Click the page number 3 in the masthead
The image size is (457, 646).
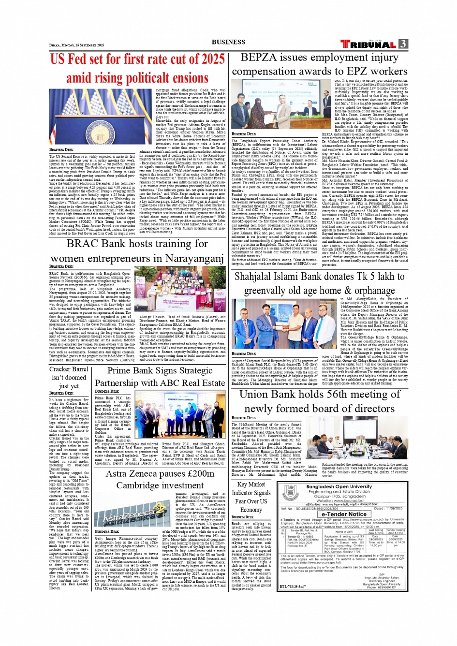(x=403, y=44)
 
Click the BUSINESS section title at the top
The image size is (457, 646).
(x=228, y=42)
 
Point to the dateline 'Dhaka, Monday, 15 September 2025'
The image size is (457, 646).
(x=76, y=45)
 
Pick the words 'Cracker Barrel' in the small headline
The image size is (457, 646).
(x=69, y=369)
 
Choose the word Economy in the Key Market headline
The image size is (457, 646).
(x=251, y=510)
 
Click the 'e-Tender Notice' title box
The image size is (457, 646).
(x=344, y=514)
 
